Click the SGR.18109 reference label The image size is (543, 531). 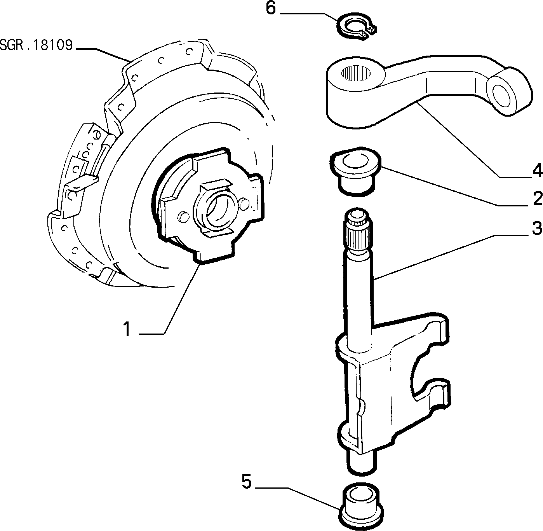pos(36,45)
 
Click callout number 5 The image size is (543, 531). pos(247,482)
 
